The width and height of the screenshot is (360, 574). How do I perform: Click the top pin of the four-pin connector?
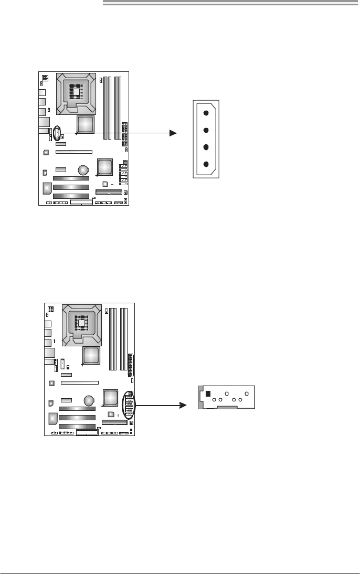point(206,112)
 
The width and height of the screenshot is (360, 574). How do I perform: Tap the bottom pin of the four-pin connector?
point(206,164)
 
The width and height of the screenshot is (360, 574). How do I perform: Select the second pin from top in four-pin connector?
point(206,130)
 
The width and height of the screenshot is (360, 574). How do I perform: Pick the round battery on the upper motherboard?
point(83,170)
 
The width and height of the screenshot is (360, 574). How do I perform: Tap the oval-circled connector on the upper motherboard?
point(57,133)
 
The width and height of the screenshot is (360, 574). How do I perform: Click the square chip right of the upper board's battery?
point(104,166)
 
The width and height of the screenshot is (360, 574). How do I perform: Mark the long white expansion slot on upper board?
point(74,152)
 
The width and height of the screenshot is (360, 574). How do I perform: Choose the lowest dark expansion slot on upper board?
point(71,195)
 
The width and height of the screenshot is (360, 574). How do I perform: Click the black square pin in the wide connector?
point(208,394)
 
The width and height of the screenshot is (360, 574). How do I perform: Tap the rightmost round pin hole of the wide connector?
point(247,393)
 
